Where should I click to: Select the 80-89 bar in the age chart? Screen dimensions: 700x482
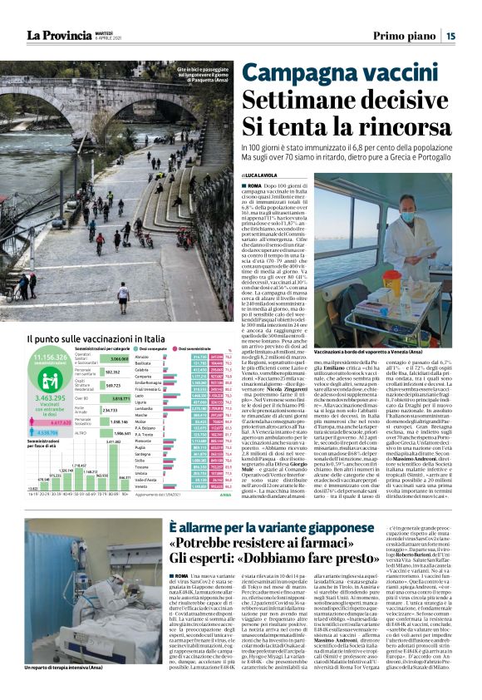click(x=114, y=466)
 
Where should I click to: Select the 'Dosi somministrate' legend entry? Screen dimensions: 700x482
click(x=221, y=348)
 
